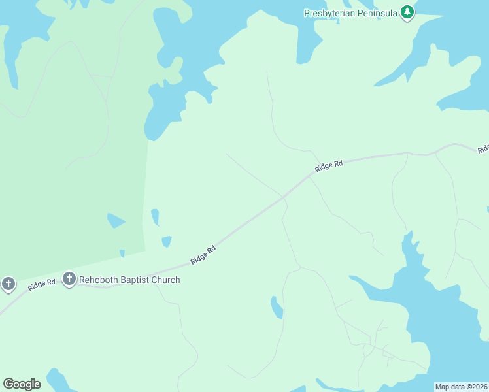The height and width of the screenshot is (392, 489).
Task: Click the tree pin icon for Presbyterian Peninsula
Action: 407,12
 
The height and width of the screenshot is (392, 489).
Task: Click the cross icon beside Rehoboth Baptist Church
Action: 69,280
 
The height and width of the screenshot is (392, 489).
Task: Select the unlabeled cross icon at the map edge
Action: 8,284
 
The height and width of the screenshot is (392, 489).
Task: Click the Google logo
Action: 22,384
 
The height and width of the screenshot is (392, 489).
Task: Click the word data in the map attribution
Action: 458,387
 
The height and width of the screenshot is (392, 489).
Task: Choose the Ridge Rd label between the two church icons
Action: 41,285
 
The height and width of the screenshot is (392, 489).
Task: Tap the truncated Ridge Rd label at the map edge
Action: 483,149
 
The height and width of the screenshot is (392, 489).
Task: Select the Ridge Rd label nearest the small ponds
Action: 203,254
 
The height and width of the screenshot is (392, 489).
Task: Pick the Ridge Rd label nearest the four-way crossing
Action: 328,166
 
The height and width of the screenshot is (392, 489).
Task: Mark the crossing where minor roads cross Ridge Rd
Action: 284,196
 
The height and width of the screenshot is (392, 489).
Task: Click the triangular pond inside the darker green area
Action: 116,221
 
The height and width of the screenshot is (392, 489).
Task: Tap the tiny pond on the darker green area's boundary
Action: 122,253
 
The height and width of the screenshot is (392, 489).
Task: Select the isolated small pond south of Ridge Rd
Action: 277,307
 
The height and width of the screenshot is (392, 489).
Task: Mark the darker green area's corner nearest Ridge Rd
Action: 145,250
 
